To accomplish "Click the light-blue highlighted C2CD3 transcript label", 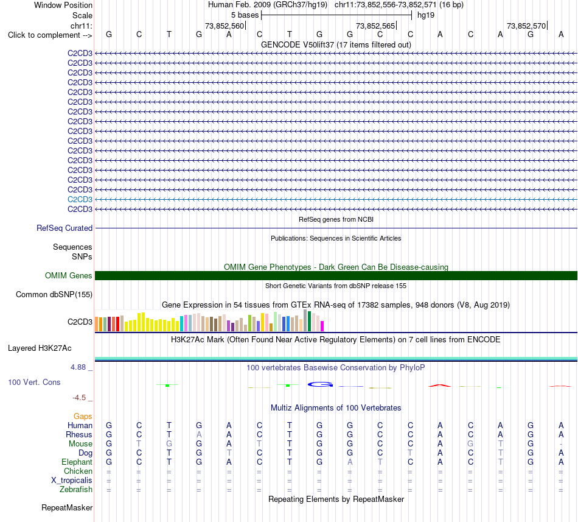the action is click(x=80, y=200).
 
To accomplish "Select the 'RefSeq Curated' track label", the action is click(x=64, y=228).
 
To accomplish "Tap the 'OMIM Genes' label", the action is click(x=69, y=275).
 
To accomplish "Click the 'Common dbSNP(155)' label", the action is click(x=54, y=294).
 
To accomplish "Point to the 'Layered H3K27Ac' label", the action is click(x=40, y=348).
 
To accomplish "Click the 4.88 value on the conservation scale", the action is click(x=78, y=367).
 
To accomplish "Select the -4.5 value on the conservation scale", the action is click(x=79, y=397).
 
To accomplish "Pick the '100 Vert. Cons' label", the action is click(x=34, y=382).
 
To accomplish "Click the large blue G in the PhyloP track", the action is click(x=320, y=384).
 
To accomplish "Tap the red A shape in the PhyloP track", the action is click(x=439, y=386).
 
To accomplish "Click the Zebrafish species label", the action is click(x=76, y=490).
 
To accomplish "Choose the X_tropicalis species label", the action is click(x=72, y=481).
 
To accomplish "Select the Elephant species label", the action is click(x=77, y=462).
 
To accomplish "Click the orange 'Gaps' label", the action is click(x=83, y=416).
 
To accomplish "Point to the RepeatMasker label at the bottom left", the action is click(x=67, y=507).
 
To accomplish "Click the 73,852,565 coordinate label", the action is click(x=375, y=26).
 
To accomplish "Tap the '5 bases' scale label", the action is click(x=245, y=15).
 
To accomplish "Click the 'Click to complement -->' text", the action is click(x=50, y=35).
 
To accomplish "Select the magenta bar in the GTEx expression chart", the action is click(x=322, y=326).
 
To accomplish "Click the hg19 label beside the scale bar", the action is click(x=426, y=15).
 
